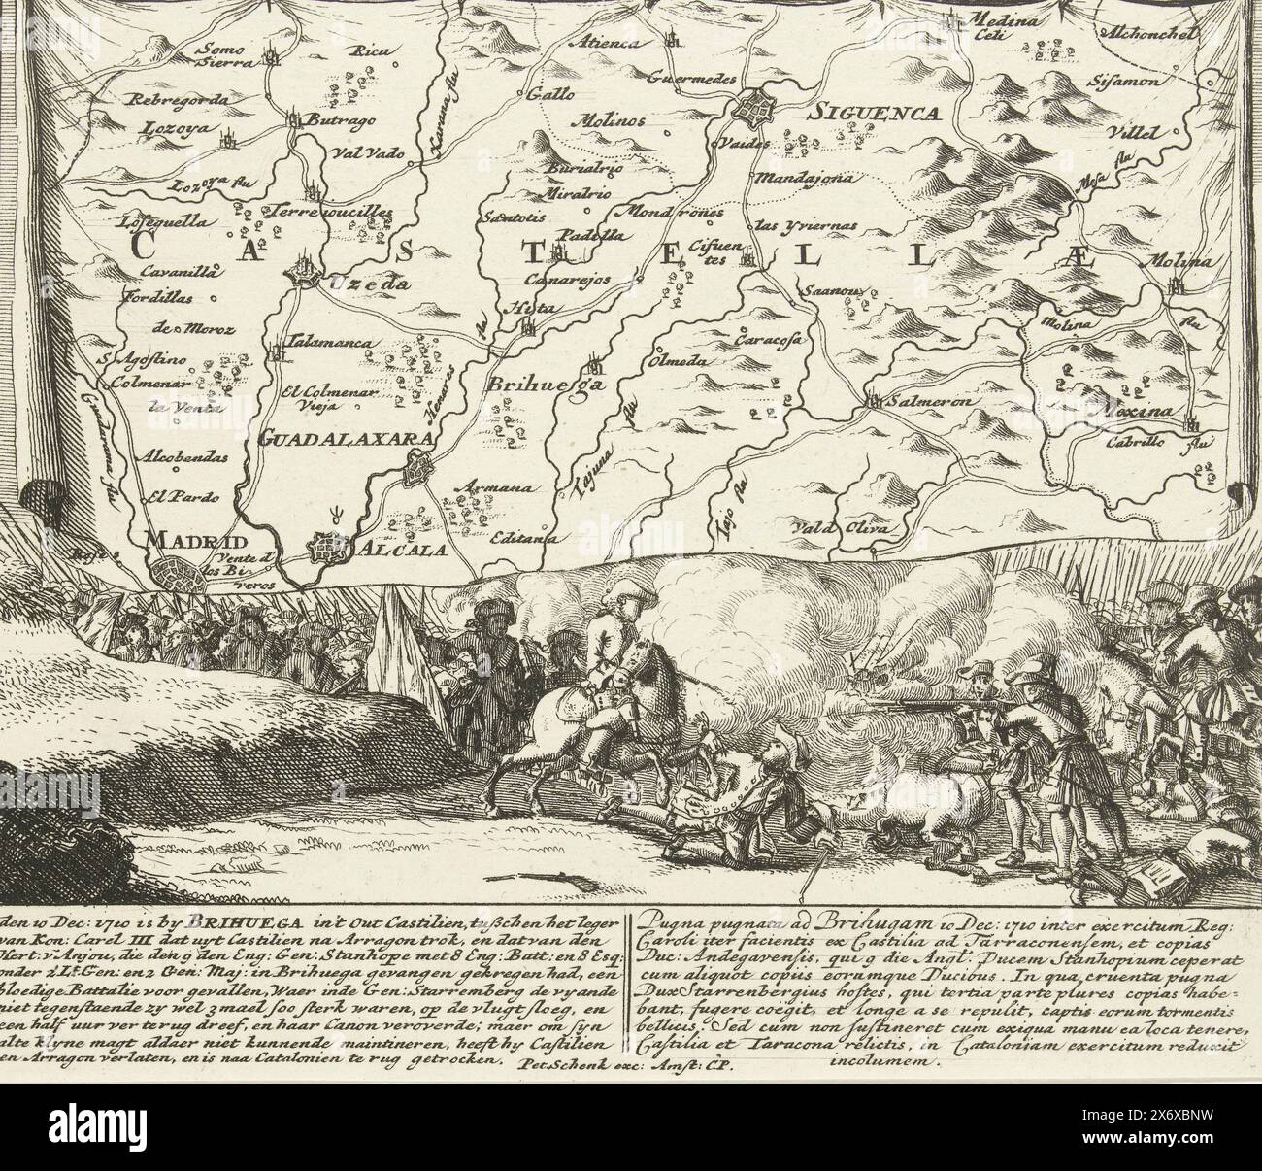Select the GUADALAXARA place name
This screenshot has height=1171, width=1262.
345,438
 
